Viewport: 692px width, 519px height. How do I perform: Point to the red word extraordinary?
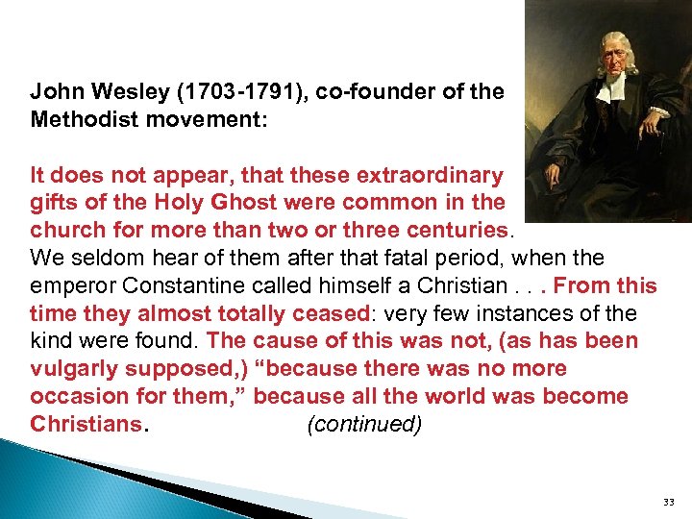429,176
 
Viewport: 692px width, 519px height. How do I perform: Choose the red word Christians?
85,424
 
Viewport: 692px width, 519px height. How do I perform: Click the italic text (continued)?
364,424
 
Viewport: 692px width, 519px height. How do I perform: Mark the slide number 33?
669,502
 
